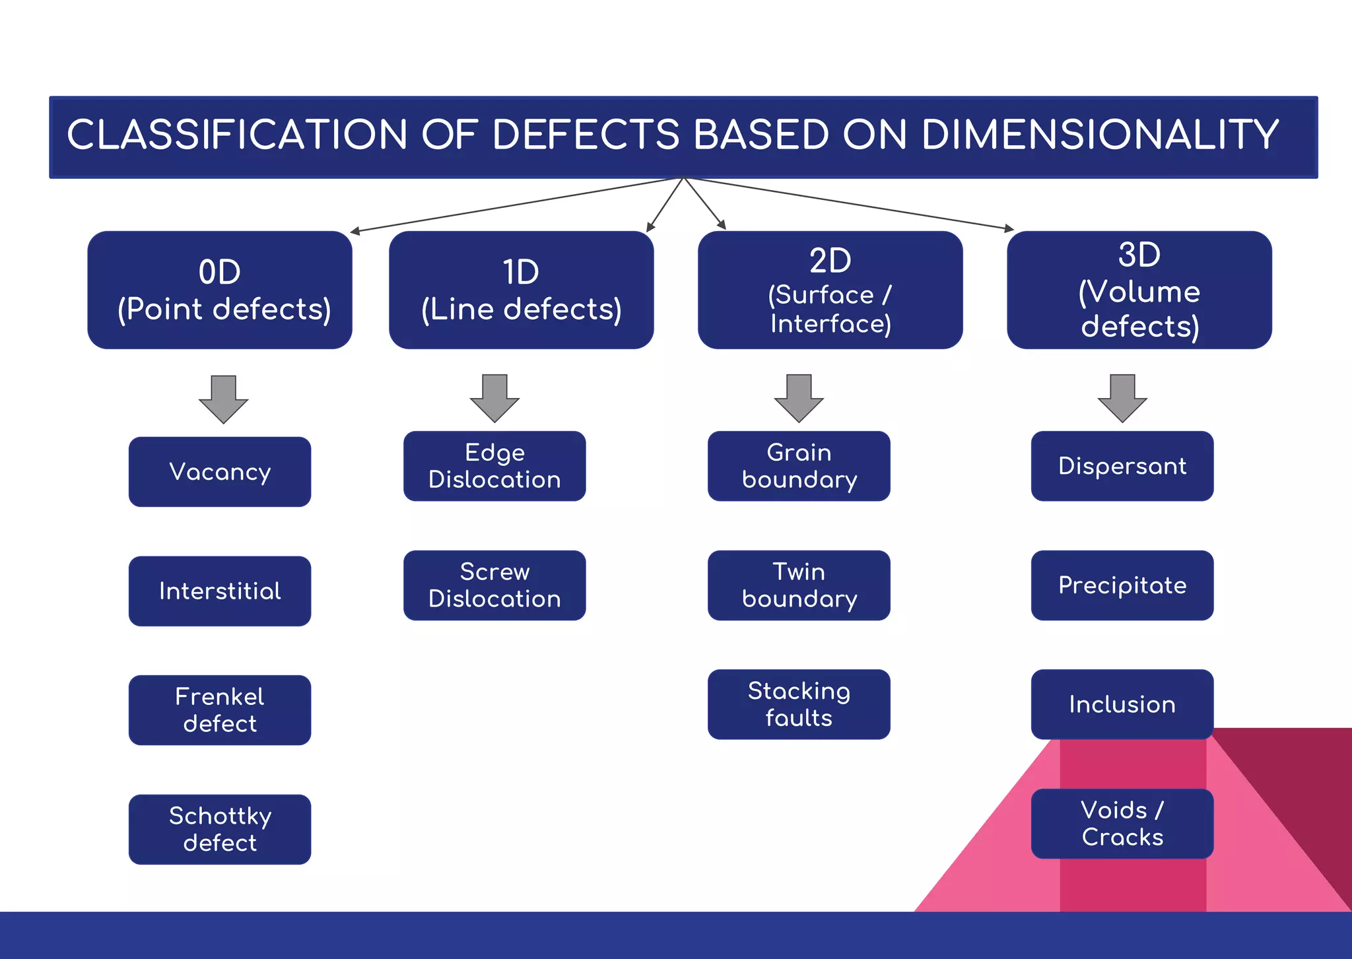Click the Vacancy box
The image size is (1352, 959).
(x=220, y=472)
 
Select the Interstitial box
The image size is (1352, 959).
(x=220, y=591)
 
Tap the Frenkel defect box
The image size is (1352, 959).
(x=220, y=710)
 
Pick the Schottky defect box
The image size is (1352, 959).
(x=220, y=829)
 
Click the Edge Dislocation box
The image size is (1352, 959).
(x=494, y=466)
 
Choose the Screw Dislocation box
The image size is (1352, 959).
(x=494, y=585)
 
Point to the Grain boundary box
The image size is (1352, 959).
(x=799, y=466)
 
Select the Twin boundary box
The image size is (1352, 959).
(x=799, y=585)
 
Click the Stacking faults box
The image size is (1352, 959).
(x=799, y=704)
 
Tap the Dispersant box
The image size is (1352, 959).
(x=1122, y=466)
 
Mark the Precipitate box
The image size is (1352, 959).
(x=1122, y=585)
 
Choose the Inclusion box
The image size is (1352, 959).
(x=1122, y=704)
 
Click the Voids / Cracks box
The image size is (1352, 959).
(x=1122, y=824)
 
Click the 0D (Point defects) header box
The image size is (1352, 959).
(x=220, y=290)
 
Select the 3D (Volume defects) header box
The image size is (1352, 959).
(x=1139, y=290)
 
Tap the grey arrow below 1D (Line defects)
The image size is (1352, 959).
(x=494, y=398)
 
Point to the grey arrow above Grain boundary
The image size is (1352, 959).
(x=799, y=398)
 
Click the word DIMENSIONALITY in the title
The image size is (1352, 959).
(x=1100, y=135)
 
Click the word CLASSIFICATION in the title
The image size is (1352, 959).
(x=237, y=135)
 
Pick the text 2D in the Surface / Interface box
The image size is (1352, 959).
(x=830, y=261)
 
